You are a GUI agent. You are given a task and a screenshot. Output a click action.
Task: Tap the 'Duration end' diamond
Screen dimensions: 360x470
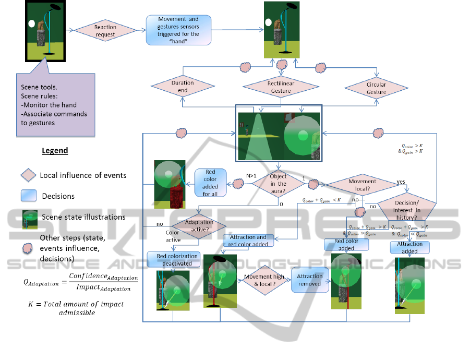pos(183,87)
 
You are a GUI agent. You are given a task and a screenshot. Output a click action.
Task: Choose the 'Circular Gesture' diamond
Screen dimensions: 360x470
pos(376,87)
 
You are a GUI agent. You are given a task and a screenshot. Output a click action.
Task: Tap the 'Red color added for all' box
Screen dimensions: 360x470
pos(210,183)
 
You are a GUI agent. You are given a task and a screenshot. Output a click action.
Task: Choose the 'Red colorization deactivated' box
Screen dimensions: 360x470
pos(177,259)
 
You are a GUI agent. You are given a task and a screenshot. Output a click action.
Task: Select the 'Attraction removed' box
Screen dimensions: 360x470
pos(310,280)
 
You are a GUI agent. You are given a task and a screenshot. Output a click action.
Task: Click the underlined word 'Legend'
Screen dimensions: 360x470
pos(55,151)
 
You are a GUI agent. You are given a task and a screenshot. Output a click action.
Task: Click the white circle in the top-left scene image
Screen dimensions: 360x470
pos(31,23)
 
